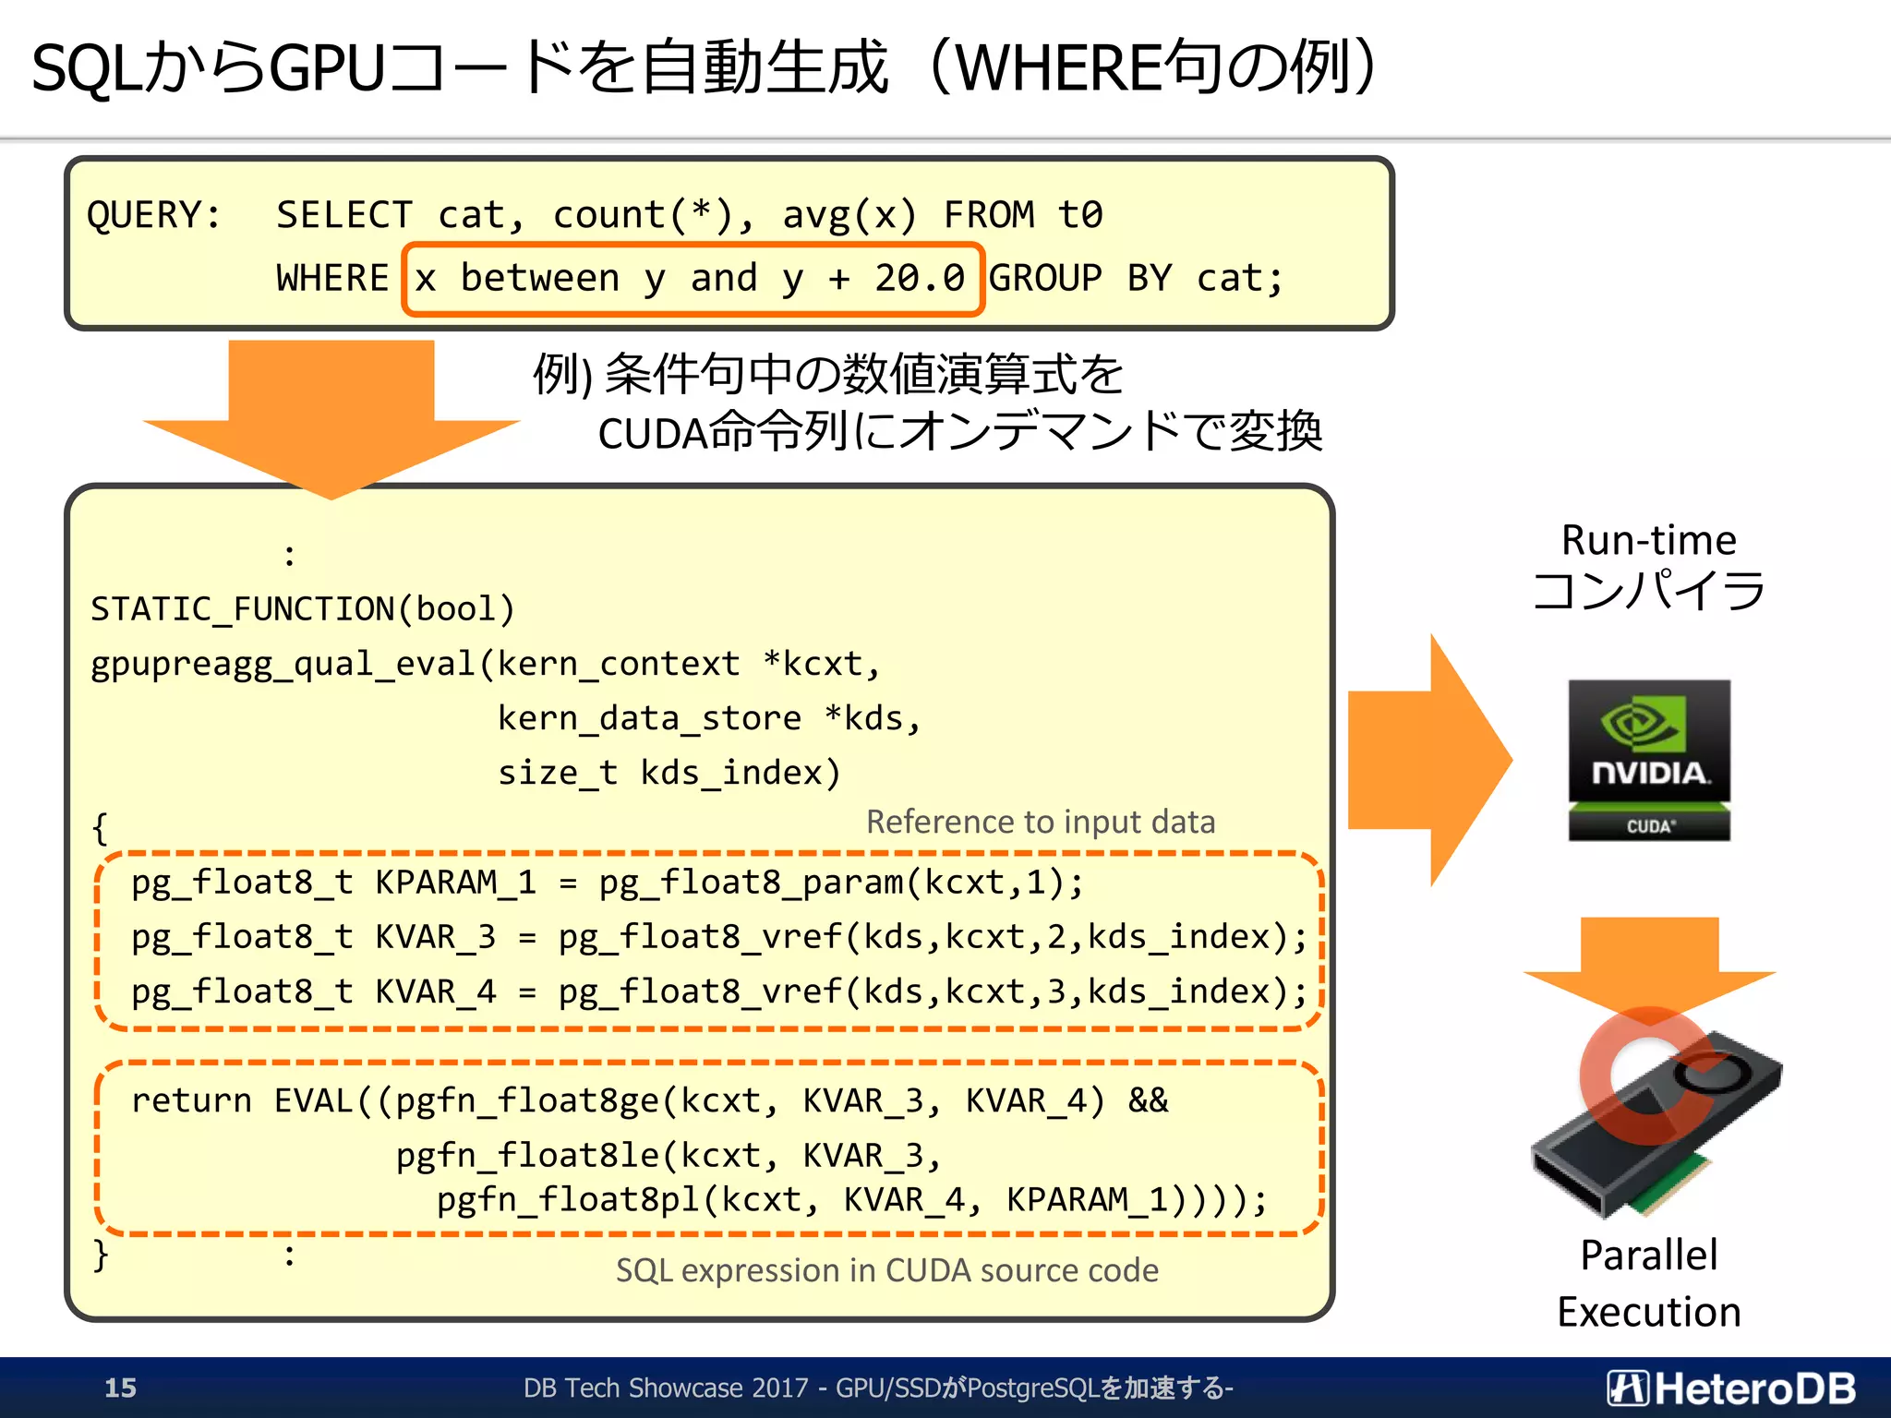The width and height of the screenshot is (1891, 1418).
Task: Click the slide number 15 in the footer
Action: click(x=120, y=1388)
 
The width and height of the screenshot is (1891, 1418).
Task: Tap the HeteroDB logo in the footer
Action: click(x=1730, y=1388)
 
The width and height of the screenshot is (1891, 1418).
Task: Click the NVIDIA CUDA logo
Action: click(x=1649, y=760)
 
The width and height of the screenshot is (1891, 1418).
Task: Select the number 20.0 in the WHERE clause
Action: click(x=920, y=278)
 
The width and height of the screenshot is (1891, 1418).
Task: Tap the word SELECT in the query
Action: click(x=344, y=215)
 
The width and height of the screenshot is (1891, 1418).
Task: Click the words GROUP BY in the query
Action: click(x=1079, y=278)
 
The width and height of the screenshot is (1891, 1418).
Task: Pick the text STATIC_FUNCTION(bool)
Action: click(x=302, y=609)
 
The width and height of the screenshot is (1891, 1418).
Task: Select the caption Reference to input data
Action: click(x=1041, y=822)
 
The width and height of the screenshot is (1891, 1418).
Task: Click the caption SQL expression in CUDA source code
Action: click(x=886, y=1270)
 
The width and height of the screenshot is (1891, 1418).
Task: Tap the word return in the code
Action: click(x=191, y=1100)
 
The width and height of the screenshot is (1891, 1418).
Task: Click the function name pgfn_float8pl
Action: click(x=567, y=1199)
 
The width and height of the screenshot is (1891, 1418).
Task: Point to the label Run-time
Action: click(x=1648, y=540)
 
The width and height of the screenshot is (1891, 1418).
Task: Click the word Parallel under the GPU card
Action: click(x=1648, y=1256)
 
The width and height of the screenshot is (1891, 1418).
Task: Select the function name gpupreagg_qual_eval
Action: click(x=283, y=665)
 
